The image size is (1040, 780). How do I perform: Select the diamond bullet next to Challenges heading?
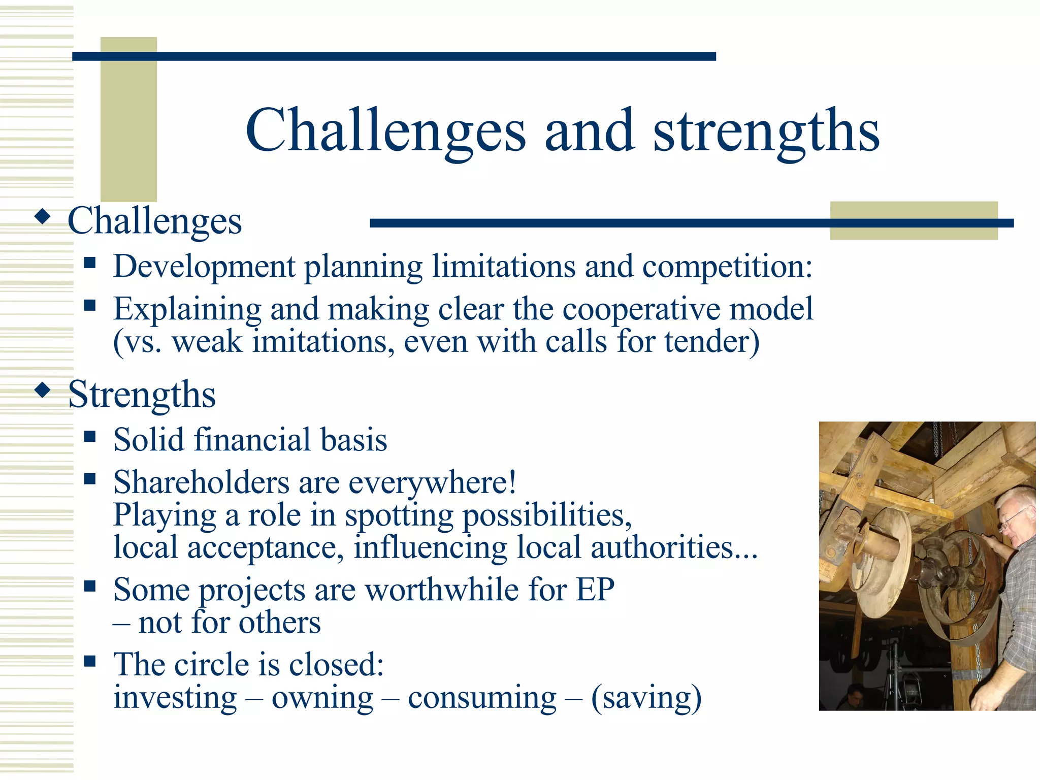point(43,217)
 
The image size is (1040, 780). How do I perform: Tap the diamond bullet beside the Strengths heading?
point(43,391)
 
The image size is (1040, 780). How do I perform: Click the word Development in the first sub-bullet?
point(204,266)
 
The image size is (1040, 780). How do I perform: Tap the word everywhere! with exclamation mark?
point(432,483)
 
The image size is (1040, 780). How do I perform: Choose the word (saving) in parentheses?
point(646,698)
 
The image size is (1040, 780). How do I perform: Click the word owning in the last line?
point(322,698)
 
